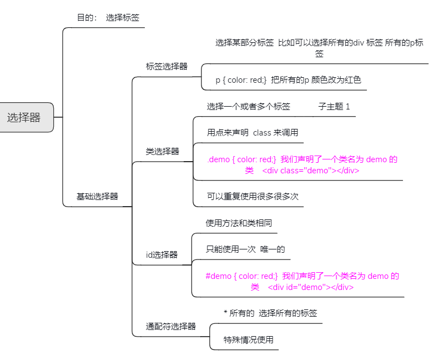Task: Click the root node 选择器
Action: point(24,117)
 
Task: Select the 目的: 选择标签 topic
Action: point(108,17)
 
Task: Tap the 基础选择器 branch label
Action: point(97,196)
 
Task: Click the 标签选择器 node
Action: point(167,66)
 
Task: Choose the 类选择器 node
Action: point(162,151)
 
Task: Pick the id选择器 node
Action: point(162,254)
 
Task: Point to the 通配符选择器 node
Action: point(171,326)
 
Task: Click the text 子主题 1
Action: point(334,106)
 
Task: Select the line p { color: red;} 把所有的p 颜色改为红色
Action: point(288,79)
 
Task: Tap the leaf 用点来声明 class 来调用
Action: point(253,132)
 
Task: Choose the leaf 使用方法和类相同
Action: point(239,223)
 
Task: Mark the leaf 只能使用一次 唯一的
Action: point(245,249)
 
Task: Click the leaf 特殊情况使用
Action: point(249,339)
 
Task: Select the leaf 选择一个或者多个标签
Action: point(248,106)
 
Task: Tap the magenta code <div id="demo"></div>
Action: point(310,287)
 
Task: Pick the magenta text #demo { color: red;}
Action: point(241,276)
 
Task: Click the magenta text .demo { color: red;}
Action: point(241,159)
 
